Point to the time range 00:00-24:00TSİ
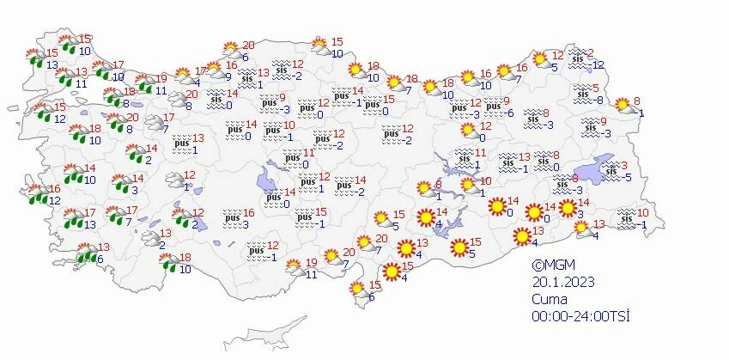tap(581, 317)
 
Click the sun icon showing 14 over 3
tap(568, 207)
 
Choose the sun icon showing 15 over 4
tap(392, 272)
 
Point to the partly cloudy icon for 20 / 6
tap(230, 51)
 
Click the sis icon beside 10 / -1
tap(624, 218)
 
